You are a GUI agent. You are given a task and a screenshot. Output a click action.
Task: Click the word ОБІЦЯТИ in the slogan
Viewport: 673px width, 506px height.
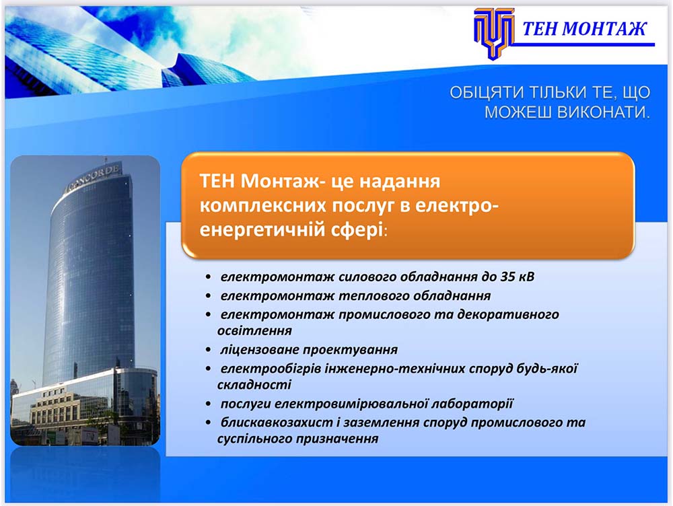487,92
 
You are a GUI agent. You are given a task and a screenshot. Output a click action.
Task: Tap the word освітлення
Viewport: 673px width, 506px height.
254,330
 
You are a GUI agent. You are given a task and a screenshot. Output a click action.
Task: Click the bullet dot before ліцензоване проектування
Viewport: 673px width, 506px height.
208,350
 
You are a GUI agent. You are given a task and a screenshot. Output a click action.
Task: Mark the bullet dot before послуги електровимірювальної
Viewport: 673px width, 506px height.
208,404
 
